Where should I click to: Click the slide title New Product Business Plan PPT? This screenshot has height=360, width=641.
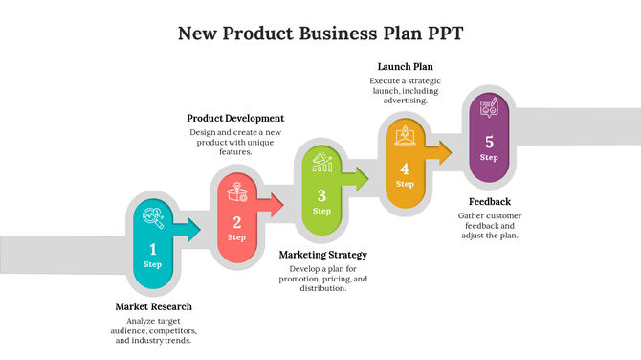click(320, 34)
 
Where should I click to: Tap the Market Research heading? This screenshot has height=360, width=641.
click(154, 306)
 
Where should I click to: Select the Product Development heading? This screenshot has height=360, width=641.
click(235, 118)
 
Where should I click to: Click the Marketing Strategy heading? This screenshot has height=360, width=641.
click(322, 255)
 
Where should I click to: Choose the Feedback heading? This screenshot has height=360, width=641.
click(489, 202)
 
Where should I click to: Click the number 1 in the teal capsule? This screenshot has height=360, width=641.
click(152, 249)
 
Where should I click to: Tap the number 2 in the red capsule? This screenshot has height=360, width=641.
click(236, 223)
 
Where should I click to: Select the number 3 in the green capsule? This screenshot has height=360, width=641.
click(321, 196)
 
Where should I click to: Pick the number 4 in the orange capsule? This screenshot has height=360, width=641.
click(405, 169)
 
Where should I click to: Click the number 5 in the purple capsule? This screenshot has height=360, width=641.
click(489, 143)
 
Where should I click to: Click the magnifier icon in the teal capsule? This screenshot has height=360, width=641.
click(152, 217)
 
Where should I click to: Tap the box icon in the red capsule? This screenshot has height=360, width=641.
click(236, 192)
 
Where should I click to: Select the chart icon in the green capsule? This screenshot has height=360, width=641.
click(321, 164)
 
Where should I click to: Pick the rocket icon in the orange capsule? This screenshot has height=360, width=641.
click(405, 137)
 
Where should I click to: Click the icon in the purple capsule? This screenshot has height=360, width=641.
click(489, 109)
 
